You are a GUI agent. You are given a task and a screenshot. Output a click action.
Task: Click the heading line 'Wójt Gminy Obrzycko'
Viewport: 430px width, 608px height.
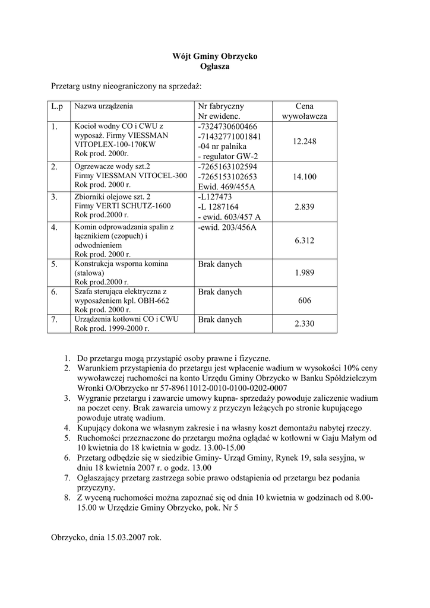click(214, 56)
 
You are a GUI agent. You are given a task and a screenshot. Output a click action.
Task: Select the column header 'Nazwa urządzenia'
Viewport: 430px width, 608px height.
click(104, 106)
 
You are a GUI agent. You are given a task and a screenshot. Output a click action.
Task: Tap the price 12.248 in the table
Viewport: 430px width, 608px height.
click(304, 141)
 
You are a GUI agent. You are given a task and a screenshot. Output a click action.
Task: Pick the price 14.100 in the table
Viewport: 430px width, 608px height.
click(305, 176)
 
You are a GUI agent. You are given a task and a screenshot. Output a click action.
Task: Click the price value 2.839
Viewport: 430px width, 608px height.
click(305, 207)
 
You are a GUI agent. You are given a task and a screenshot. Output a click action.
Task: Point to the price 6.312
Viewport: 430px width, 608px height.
click(305, 240)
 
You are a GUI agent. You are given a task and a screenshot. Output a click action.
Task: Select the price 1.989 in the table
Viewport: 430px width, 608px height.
click(305, 273)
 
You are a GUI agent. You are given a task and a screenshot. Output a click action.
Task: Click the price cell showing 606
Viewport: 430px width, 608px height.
click(305, 300)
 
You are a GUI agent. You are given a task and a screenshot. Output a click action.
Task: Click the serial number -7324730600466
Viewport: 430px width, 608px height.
click(227, 126)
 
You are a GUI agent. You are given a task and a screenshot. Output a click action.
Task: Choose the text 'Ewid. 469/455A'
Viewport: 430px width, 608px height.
click(226, 186)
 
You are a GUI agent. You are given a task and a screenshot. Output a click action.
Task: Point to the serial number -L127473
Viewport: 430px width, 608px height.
click(215, 197)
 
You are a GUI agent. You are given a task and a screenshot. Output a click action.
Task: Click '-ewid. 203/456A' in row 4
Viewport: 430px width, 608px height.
click(227, 227)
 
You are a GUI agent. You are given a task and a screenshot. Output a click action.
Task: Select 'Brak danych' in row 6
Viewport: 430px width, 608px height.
click(220, 292)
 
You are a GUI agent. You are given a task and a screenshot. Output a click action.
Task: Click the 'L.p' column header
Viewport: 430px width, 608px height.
click(57, 106)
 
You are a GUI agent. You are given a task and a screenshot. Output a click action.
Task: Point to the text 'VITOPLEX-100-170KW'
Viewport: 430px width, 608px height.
click(115, 144)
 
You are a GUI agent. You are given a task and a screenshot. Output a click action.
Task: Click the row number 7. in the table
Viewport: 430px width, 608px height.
click(55, 320)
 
